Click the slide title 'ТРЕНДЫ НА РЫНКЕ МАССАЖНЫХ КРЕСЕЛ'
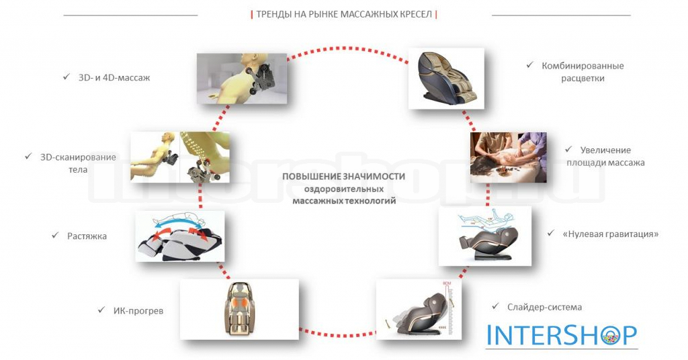coord(344,15)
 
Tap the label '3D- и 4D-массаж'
coord(114,78)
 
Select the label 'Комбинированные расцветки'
coord(583,72)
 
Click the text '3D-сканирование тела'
coord(78,163)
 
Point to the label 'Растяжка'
coord(87,236)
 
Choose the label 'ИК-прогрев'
coord(138,311)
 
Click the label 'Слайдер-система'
coord(544,307)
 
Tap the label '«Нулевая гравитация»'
coord(610,234)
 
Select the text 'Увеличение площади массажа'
coord(605,156)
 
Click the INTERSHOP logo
coord(562,335)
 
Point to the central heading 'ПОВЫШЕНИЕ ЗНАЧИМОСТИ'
coord(343,176)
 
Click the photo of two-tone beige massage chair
coord(446,78)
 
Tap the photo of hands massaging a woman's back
coord(508,157)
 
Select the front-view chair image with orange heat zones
coord(239,309)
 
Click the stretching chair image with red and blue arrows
coord(180,236)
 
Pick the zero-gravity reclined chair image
coord(485,236)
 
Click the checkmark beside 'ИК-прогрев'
coord(101,310)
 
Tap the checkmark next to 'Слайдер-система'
coord(495,306)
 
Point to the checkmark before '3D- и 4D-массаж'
coord(67,77)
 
